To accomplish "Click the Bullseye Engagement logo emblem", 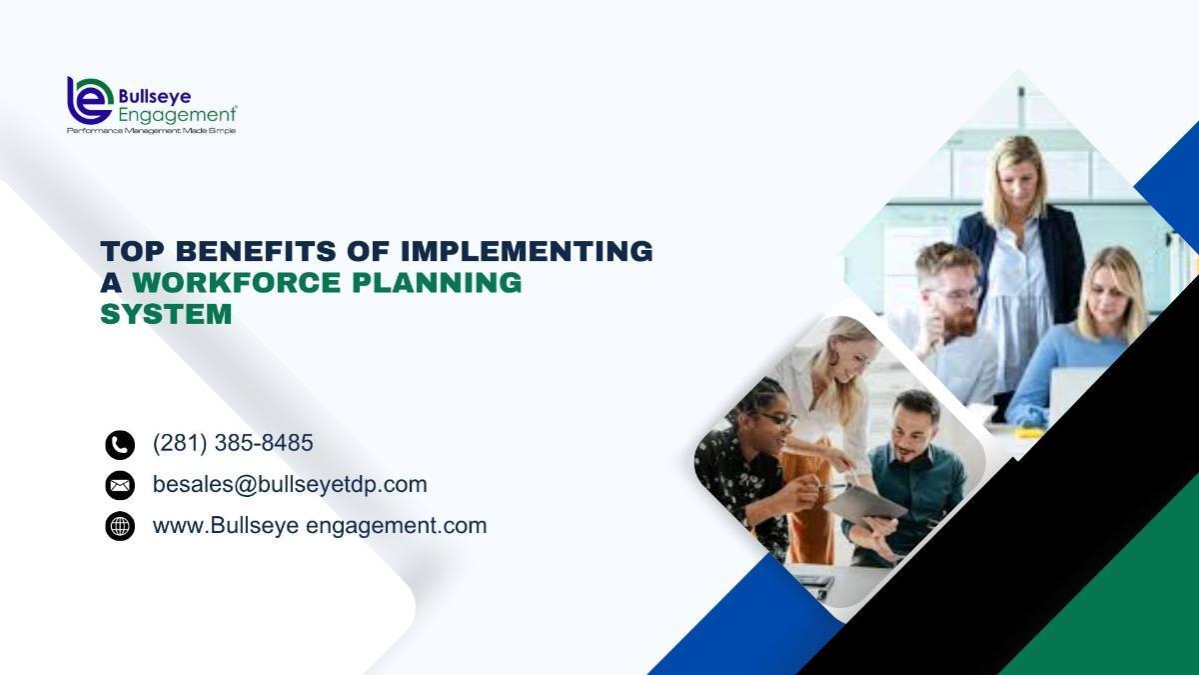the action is [x=90, y=100].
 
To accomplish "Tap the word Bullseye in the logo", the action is [x=155, y=96].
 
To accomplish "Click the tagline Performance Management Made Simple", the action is [x=152, y=131].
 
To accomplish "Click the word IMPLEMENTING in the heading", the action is [x=527, y=251].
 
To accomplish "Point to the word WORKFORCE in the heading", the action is [x=237, y=282].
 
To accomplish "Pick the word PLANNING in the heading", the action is [x=437, y=282].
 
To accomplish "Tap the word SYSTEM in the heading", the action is [x=166, y=314].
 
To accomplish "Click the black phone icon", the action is [x=120, y=445].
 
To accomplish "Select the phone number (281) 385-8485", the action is [x=233, y=443].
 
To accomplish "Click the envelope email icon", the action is [x=120, y=485].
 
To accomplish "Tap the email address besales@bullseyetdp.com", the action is [x=290, y=484].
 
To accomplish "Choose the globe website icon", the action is [x=120, y=526].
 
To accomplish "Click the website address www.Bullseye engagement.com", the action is [x=320, y=526].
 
